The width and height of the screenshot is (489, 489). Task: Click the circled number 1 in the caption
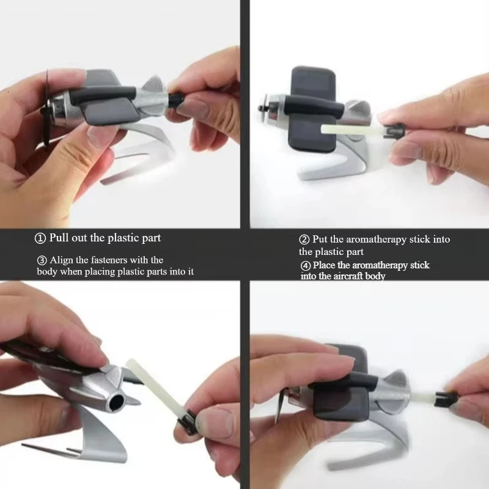click(x=40, y=238)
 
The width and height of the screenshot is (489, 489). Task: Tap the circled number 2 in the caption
click(x=304, y=240)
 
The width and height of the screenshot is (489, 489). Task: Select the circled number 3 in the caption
click(x=42, y=260)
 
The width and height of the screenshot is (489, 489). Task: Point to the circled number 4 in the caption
click(x=306, y=266)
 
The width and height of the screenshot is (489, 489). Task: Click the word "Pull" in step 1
click(x=59, y=238)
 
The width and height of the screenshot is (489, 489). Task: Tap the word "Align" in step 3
click(x=62, y=260)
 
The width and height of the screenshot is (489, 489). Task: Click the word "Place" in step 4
click(x=324, y=265)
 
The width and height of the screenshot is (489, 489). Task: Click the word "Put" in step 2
click(x=320, y=239)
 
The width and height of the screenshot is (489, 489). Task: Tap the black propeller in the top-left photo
click(x=46, y=109)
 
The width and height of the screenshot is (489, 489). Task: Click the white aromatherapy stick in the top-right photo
click(x=353, y=130)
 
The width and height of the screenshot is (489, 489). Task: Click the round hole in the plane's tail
click(x=116, y=402)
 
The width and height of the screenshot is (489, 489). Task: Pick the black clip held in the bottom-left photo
click(x=188, y=422)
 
